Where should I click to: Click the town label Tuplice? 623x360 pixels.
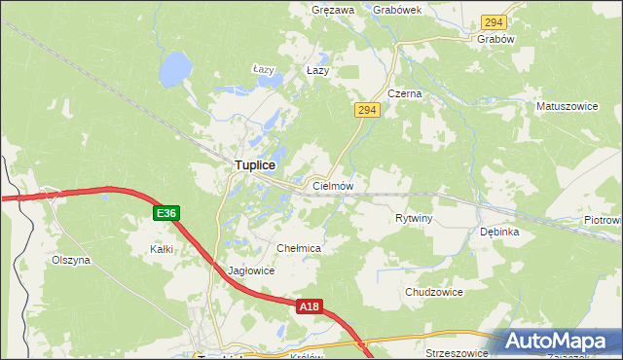pyautogui.click(x=254, y=166)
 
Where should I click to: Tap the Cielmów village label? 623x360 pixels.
pyautogui.click(x=332, y=185)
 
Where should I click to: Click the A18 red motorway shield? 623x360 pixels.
pyautogui.click(x=308, y=306)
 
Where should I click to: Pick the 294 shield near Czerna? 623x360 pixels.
pyautogui.click(x=366, y=111)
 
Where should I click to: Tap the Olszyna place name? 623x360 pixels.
pyautogui.click(x=70, y=261)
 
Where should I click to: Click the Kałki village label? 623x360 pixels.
pyautogui.click(x=162, y=249)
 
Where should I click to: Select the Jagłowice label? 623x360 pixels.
pyautogui.click(x=251, y=271)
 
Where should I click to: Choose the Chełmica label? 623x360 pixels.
pyautogui.click(x=299, y=249)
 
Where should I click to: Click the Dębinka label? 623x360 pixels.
pyautogui.click(x=499, y=233)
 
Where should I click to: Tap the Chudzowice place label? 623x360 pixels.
pyautogui.click(x=433, y=292)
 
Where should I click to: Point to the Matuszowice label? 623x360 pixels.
pyautogui.click(x=565, y=103)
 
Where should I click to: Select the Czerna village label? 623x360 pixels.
pyautogui.click(x=404, y=93)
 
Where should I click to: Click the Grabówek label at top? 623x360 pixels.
pyautogui.click(x=396, y=10)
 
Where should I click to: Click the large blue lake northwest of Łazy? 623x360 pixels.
pyautogui.click(x=175, y=68)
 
